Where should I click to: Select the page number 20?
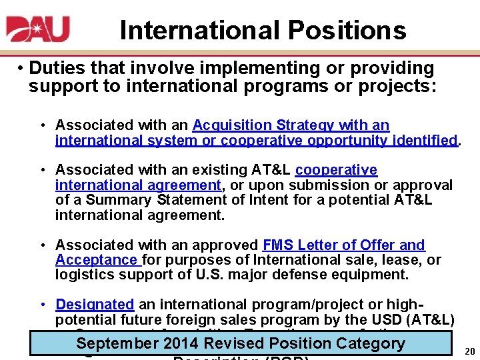click(469, 351)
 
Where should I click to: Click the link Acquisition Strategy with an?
click(291, 125)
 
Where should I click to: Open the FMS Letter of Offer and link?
click(344, 245)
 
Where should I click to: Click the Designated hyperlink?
click(95, 305)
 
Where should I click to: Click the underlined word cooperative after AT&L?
click(336, 170)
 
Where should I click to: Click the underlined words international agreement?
click(137, 185)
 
